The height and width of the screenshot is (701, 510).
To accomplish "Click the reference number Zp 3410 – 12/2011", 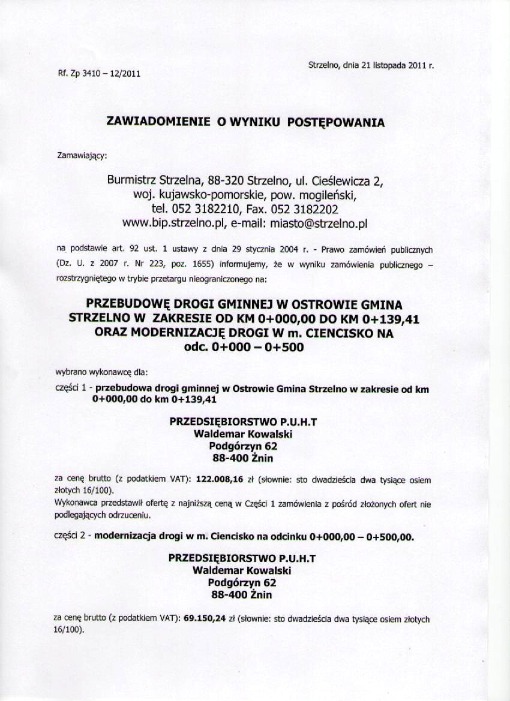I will [105, 74].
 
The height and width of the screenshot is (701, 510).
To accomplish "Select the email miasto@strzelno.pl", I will [319, 224].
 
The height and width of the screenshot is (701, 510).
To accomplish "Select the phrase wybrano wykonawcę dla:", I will [97, 373].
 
